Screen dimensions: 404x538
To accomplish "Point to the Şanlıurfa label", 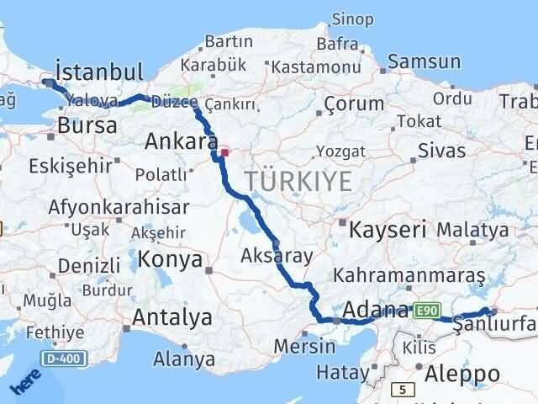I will tap(497, 323).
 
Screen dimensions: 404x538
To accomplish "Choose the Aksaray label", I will tap(277, 255).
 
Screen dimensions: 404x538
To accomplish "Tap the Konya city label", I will tap(171, 258).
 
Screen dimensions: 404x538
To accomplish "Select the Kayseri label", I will tap(388, 229).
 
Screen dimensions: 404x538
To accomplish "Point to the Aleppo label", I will tap(463, 372).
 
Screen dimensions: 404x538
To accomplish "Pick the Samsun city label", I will tap(425, 61).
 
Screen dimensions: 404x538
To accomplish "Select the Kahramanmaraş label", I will tap(409, 275).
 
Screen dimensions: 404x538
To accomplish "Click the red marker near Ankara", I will tap(224, 153).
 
